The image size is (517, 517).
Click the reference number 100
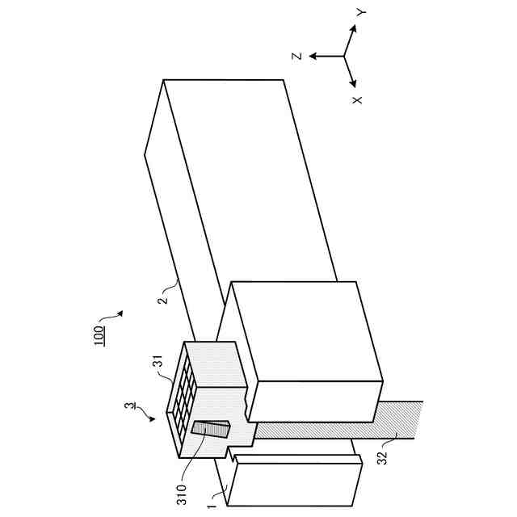tap(98, 334)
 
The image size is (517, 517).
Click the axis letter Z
tap(297, 57)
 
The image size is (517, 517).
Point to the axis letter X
tap(357, 99)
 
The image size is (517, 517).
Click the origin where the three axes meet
tap(345, 57)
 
